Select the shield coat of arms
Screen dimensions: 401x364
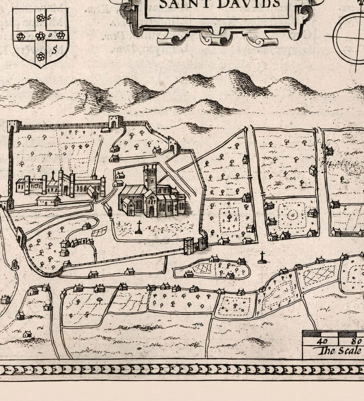[x=40, y=36]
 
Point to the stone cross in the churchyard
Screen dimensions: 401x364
[x=139, y=227]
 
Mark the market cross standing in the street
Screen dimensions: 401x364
[x=262, y=257]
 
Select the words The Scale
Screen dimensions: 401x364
[x=340, y=350]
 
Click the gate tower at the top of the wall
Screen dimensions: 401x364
[x=116, y=122]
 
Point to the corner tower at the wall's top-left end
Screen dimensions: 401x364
[x=14, y=126]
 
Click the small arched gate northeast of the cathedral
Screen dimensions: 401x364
[x=174, y=146]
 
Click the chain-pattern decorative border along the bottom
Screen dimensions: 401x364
[x=182, y=370]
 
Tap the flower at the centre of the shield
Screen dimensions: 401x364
[x=40, y=36]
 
